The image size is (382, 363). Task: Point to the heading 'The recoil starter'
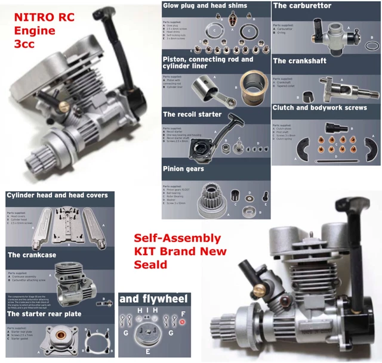[x=192, y=114]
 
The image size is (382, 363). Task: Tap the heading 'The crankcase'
[x=32, y=255]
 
